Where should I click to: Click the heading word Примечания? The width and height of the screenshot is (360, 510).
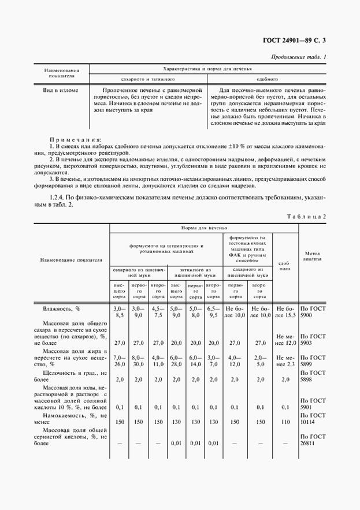tap(76, 140)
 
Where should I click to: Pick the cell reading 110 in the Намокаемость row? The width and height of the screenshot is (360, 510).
tap(285, 422)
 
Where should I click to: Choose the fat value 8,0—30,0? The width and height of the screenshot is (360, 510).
tap(138, 360)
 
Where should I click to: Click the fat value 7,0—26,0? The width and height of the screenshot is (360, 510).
tap(120, 360)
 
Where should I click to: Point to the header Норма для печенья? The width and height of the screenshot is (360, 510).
tap(204, 228)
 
